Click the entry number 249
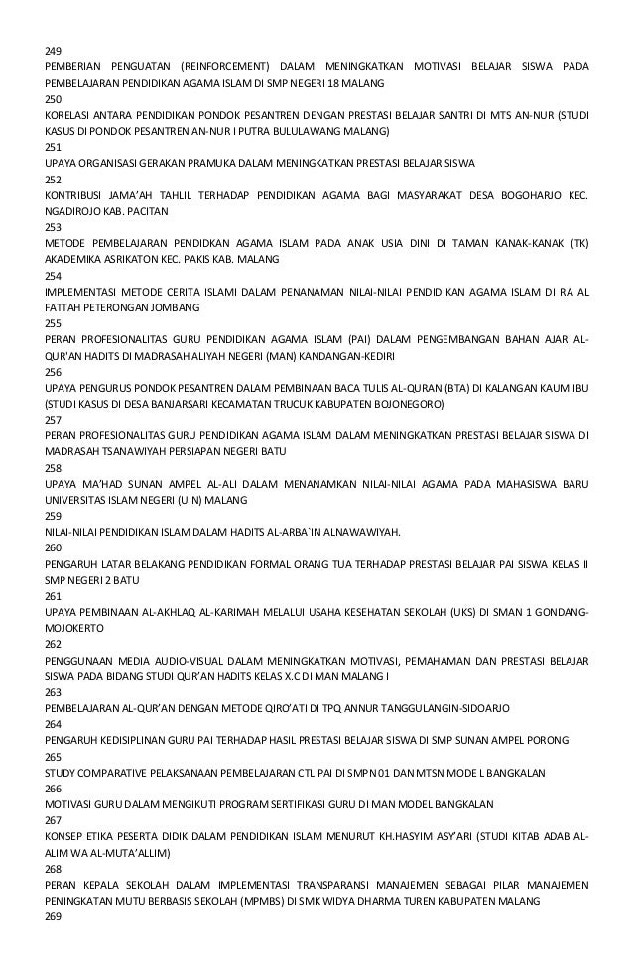(54, 51)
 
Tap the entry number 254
(54, 276)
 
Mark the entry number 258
(54, 469)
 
